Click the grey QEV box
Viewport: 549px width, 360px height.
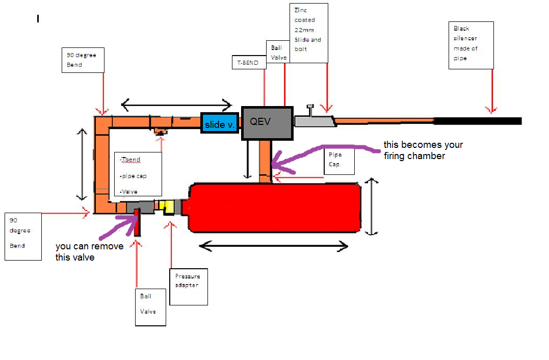coord(267,123)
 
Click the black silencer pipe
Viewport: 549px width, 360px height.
coord(477,121)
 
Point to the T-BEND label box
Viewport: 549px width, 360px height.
coord(248,63)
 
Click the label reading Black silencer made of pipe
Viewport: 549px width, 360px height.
coord(471,45)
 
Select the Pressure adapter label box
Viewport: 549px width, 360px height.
coord(188,286)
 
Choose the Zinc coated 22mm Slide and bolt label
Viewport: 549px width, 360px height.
coord(308,33)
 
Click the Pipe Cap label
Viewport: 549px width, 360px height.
coord(338,160)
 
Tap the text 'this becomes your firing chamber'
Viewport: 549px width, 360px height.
coord(423,150)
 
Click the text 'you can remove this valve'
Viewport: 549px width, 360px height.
coord(89,252)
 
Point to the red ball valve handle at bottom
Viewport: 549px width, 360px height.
coord(137,222)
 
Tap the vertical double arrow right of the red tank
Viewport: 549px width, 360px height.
coord(373,207)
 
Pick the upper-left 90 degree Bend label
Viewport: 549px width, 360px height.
coord(84,60)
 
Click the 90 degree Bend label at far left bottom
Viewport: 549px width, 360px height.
coord(23,236)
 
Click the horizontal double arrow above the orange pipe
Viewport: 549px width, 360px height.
coord(176,105)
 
